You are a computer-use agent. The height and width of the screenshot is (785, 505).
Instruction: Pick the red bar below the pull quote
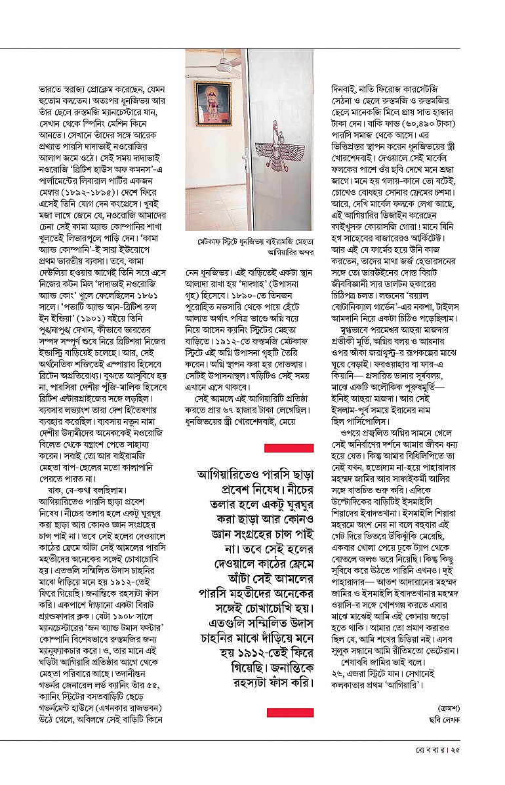pyautogui.click(x=289, y=713)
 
